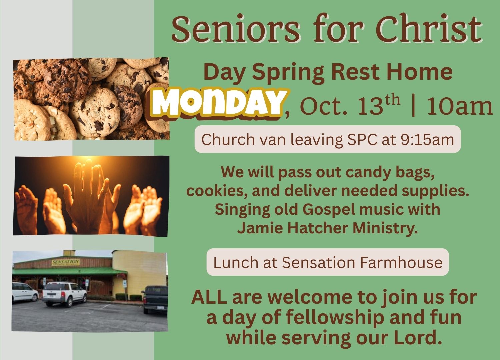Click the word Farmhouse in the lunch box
pos(401,262)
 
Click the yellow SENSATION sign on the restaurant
pos(66,262)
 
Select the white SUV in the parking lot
pos(64,294)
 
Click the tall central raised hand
pos(86,196)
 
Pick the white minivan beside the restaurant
pos(25,292)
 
